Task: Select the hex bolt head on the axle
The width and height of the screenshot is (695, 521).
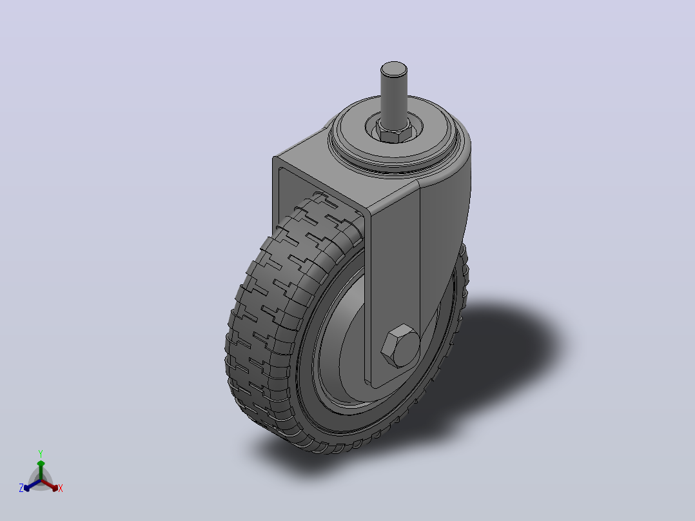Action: tap(400, 346)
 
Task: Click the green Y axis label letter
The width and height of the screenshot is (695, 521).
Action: tap(41, 453)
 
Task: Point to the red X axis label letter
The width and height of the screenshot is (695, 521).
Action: tap(61, 488)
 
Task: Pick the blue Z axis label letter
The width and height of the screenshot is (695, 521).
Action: tap(21, 488)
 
